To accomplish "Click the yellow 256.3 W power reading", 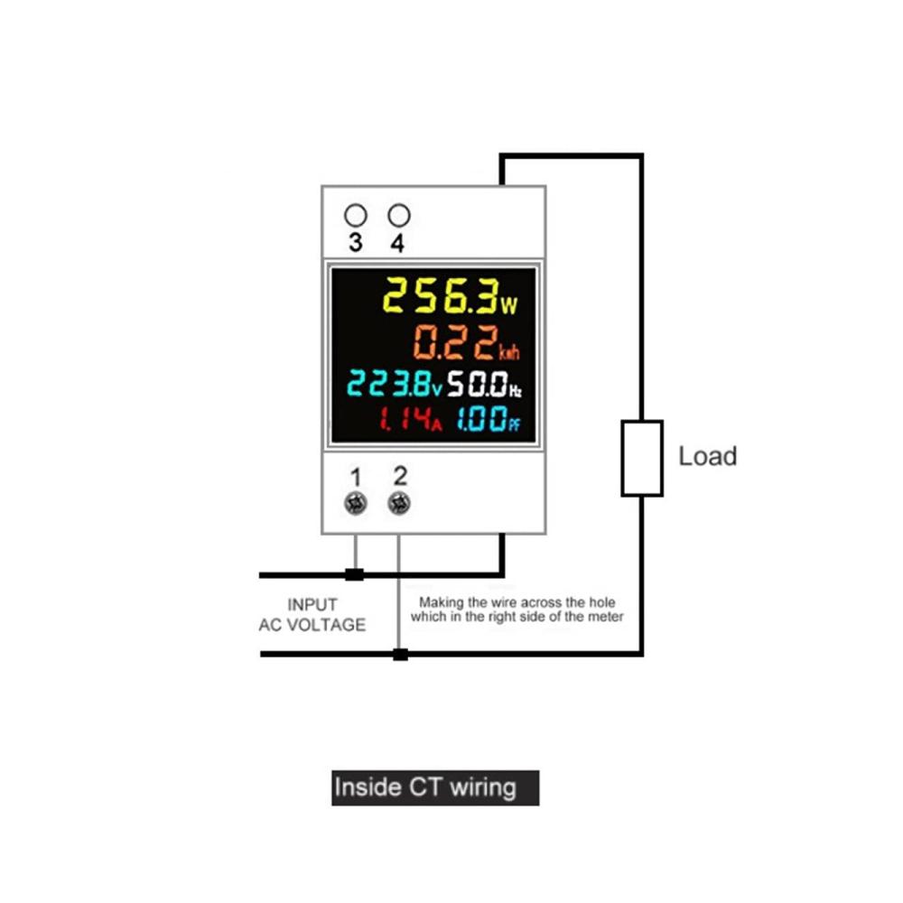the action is pos(451,296).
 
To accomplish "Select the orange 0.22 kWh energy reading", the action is pos(467,342).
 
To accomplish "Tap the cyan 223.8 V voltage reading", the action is pos(395,384).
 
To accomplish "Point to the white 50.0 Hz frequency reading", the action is pos(484,384).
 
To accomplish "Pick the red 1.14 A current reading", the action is pos(411,419).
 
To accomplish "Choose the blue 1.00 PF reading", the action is pos(489,419).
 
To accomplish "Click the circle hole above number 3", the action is pos(355,216).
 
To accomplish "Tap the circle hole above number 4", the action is pos(399,216).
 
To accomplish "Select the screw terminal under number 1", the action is pos(355,503).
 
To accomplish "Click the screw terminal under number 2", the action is pos(399,503).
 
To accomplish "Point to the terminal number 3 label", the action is pos(356,242).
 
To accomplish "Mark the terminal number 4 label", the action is pos(397,242).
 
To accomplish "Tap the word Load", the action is pos(708,456).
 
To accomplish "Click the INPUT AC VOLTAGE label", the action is pos(312,614).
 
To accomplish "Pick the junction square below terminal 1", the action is pos(354,574).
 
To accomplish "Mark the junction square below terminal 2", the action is pos(400,654).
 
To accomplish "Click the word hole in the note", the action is pos(601,602).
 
